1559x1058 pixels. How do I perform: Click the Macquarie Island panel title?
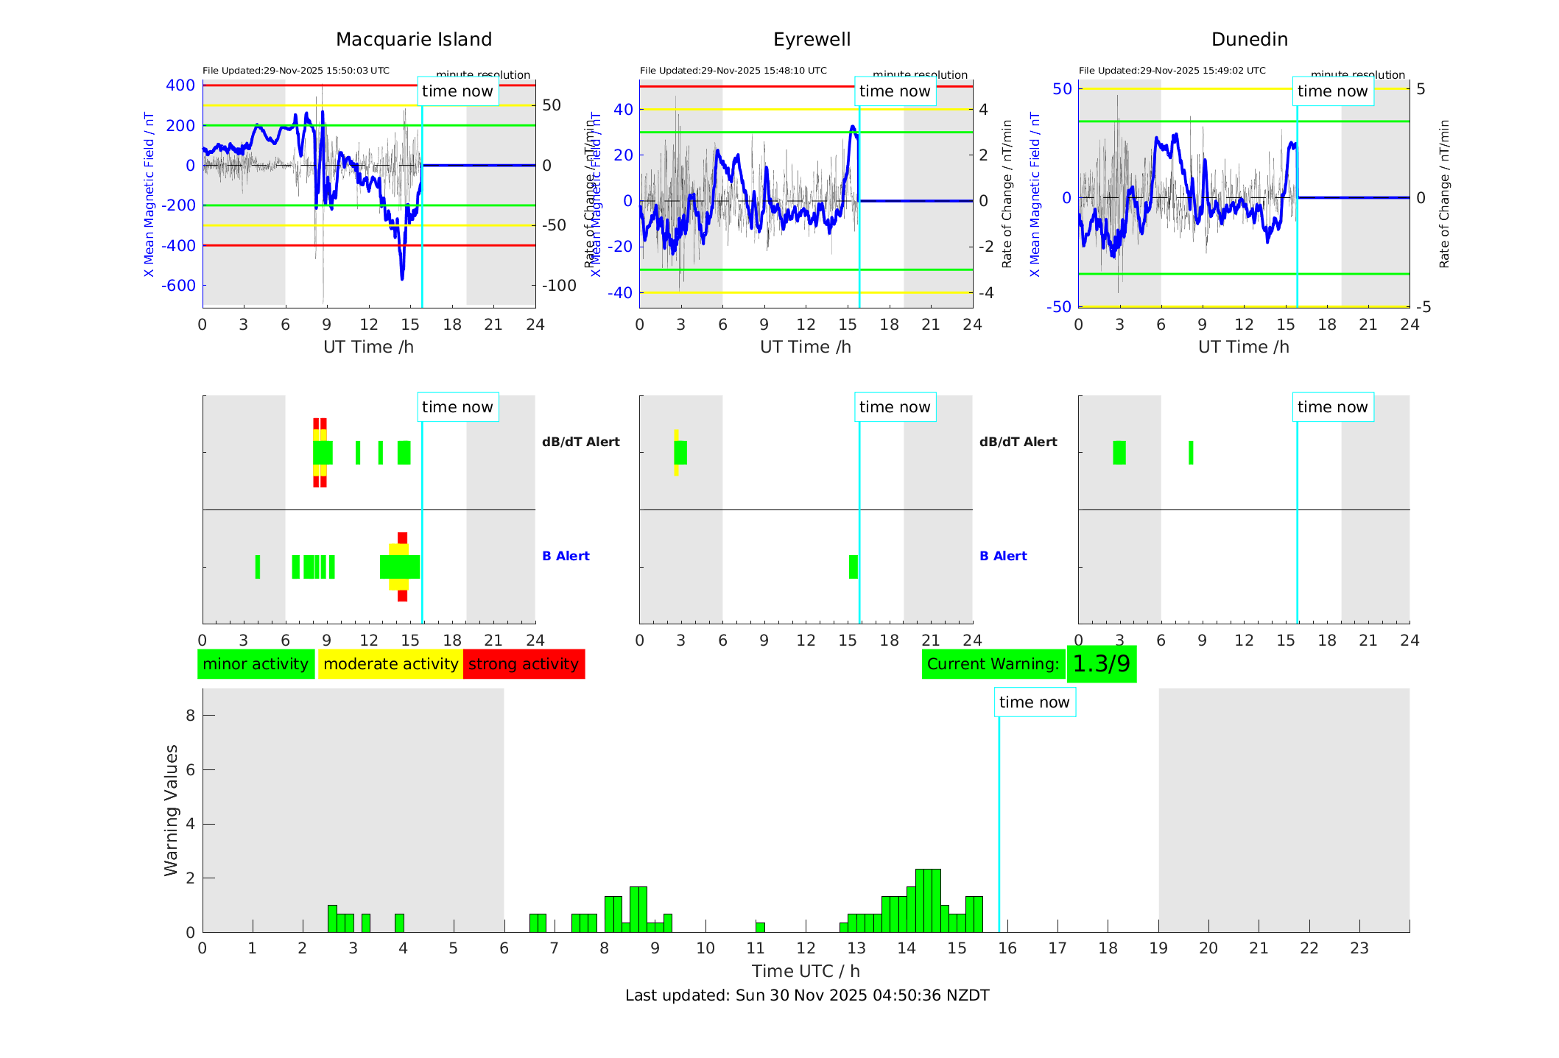click(413, 40)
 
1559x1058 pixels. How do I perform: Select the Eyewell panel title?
click(812, 40)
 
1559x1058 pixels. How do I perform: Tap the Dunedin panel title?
click(1249, 40)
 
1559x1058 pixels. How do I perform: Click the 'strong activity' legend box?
click(524, 664)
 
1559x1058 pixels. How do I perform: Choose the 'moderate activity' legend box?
click(390, 664)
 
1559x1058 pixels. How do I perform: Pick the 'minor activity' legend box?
click(256, 664)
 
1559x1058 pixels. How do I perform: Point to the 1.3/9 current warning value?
click(1101, 664)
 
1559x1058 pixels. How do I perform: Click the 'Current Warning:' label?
click(993, 664)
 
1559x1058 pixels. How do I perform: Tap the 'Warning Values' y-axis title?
click(171, 810)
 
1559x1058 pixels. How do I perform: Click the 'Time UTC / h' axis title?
click(806, 971)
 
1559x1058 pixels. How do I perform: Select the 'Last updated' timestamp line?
click(807, 995)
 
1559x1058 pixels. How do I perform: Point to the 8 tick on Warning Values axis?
click(191, 715)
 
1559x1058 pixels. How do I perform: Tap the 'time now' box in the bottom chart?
click(1034, 702)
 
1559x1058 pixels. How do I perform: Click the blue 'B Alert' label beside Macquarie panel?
click(566, 556)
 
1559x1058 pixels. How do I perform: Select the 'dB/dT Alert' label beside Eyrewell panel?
click(1018, 442)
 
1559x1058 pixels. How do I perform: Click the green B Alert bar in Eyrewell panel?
click(853, 567)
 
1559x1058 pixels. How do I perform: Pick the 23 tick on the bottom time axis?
click(1359, 948)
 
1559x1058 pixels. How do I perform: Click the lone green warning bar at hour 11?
click(760, 927)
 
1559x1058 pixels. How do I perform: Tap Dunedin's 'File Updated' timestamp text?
click(1172, 71)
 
